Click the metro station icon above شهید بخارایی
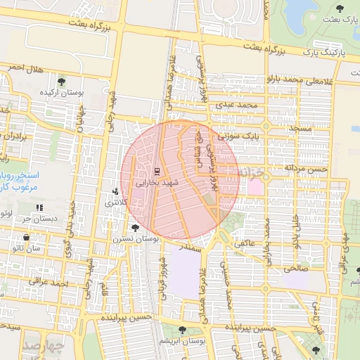pyautogui.click(x=157, y=171)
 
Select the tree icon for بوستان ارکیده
pyautogui.click(x=60, y=82)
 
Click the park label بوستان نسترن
pyautogui.click(x=135, y=239)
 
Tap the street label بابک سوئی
pyautogui.click(x=233, y=135)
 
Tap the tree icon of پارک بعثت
pyautogui.click(x=340, y=8)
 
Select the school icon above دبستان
pyautogui.click(x=39, y=207)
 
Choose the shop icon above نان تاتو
pyautogui.click(x=15, y=238)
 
